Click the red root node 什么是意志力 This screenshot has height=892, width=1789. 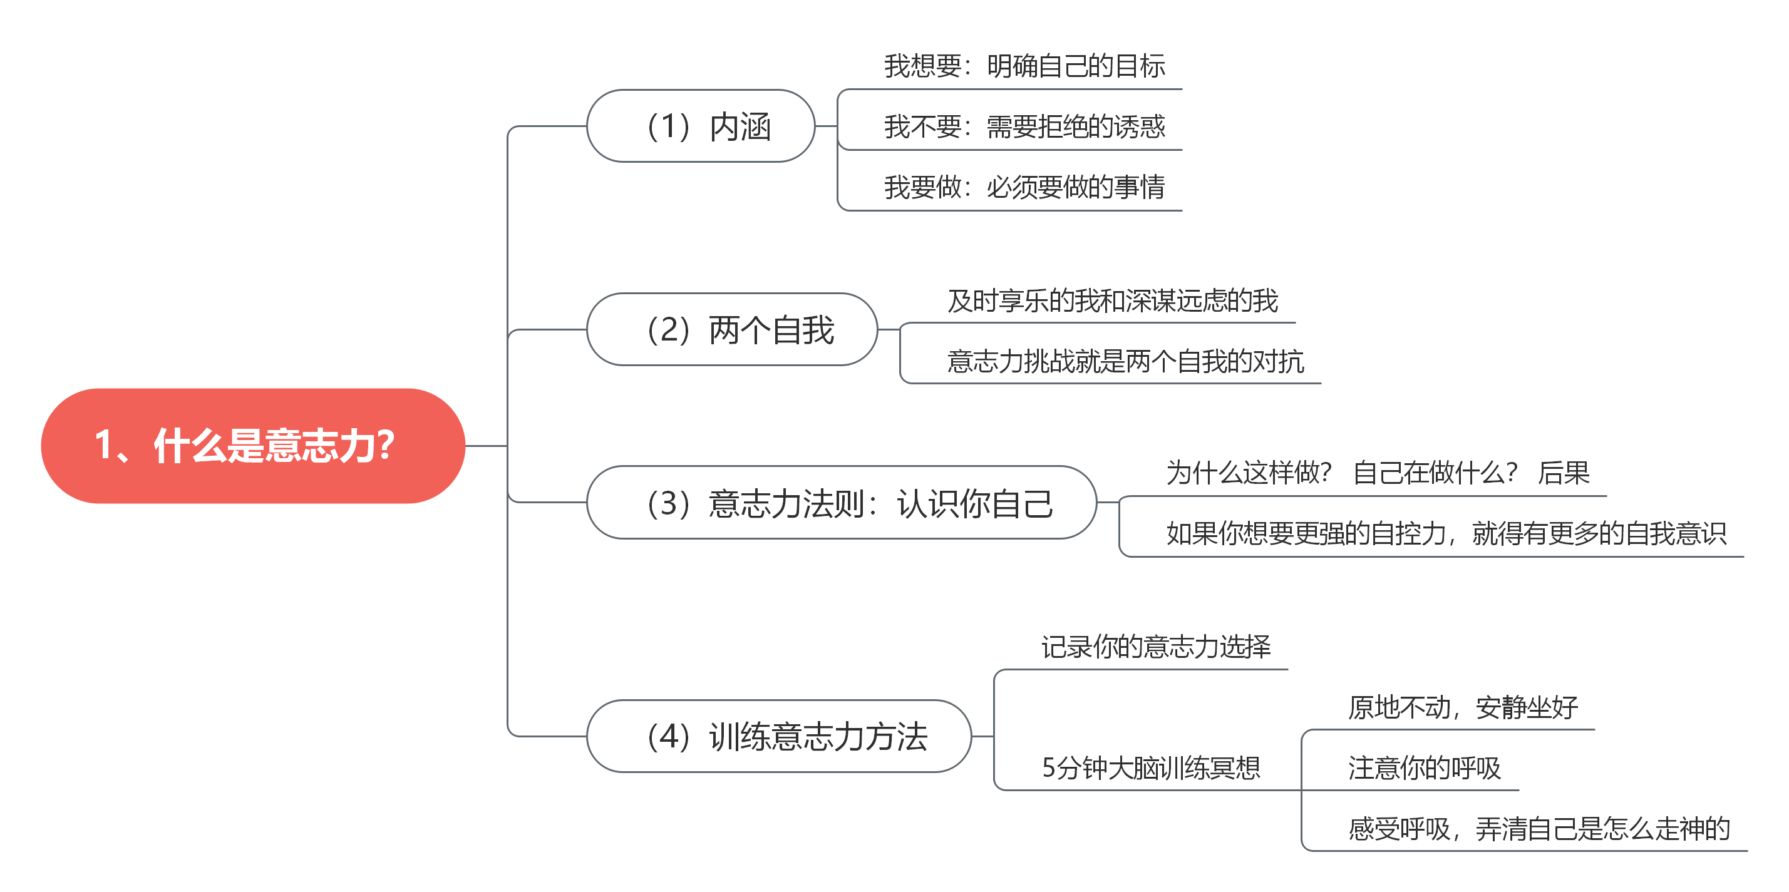pos(252,445)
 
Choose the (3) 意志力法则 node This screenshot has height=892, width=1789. pos(841,503)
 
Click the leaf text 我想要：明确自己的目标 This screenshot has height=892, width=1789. pos(1024,66)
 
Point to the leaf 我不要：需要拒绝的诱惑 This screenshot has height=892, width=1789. pos(1024,127)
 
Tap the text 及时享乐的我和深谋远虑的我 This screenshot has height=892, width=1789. pos(1112,300)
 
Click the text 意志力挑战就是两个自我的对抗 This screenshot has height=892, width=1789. pos(1125,362)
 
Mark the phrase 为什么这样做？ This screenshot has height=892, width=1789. pos(1248,473)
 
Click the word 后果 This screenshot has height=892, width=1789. pos(1564,473)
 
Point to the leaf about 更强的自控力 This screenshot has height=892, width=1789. pos(1445,534)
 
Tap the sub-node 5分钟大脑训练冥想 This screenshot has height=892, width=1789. pos(1151,767)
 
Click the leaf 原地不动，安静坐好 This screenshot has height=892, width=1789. pos(1463,708)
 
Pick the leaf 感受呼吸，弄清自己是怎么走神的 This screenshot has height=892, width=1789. pos(1539,829)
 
